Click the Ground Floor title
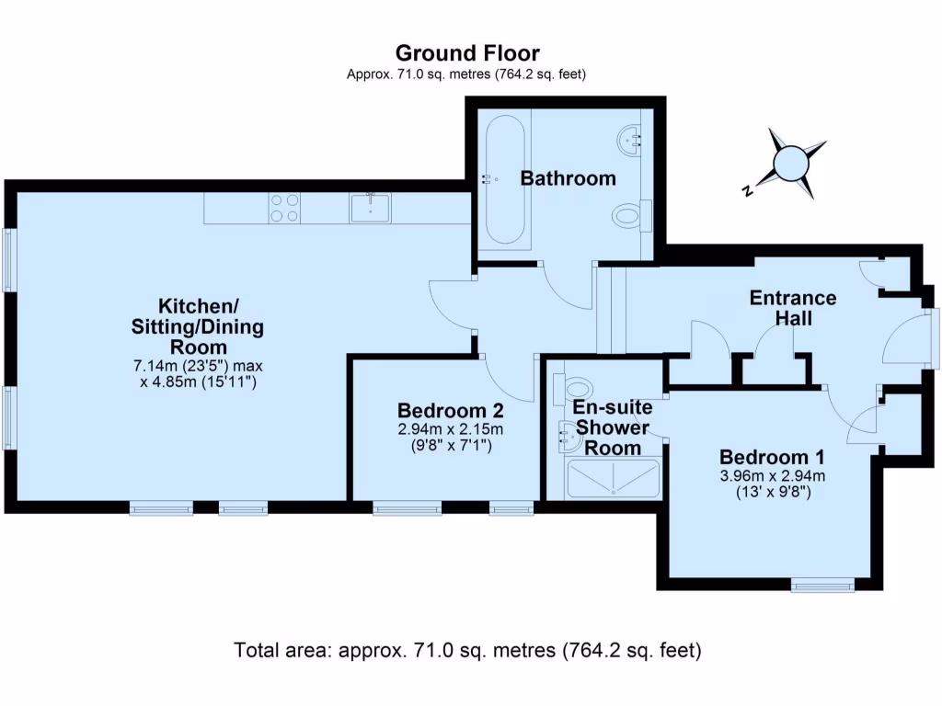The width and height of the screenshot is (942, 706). [x=466, y=53]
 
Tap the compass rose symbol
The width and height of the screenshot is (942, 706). [x=789, y=165]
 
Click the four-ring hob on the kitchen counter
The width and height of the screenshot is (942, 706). [x=283, y=208]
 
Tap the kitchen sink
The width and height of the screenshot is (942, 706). [x=370, y=208]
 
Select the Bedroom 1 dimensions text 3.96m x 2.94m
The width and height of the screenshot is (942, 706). [x=772, y=475]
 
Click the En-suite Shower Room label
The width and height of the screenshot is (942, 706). [x=612, y=427]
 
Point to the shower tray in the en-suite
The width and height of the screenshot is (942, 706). [x=614, y=479]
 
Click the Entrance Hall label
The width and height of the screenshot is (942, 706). [x=792, y=308]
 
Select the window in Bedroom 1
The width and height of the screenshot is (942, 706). [x=822, y=584]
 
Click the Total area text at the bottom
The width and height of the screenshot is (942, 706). [x=468, y=651]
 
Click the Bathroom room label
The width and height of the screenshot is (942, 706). [x=568, y=178]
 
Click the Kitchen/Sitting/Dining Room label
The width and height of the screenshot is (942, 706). [x=198, y=326]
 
